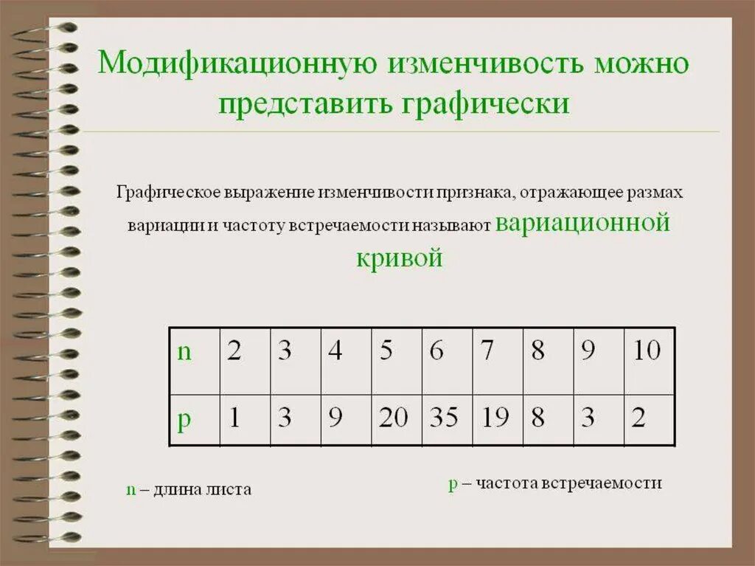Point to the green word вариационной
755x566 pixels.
point(582,222)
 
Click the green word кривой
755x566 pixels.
point(400,258)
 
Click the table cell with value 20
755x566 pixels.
point(393,418)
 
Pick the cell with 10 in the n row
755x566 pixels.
point(647,351)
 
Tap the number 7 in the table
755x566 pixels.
point(487,351)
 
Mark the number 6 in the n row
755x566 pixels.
point(436,351)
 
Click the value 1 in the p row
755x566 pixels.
point(234,418)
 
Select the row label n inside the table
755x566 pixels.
point(184,352)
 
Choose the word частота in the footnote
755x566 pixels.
point(507,483)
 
